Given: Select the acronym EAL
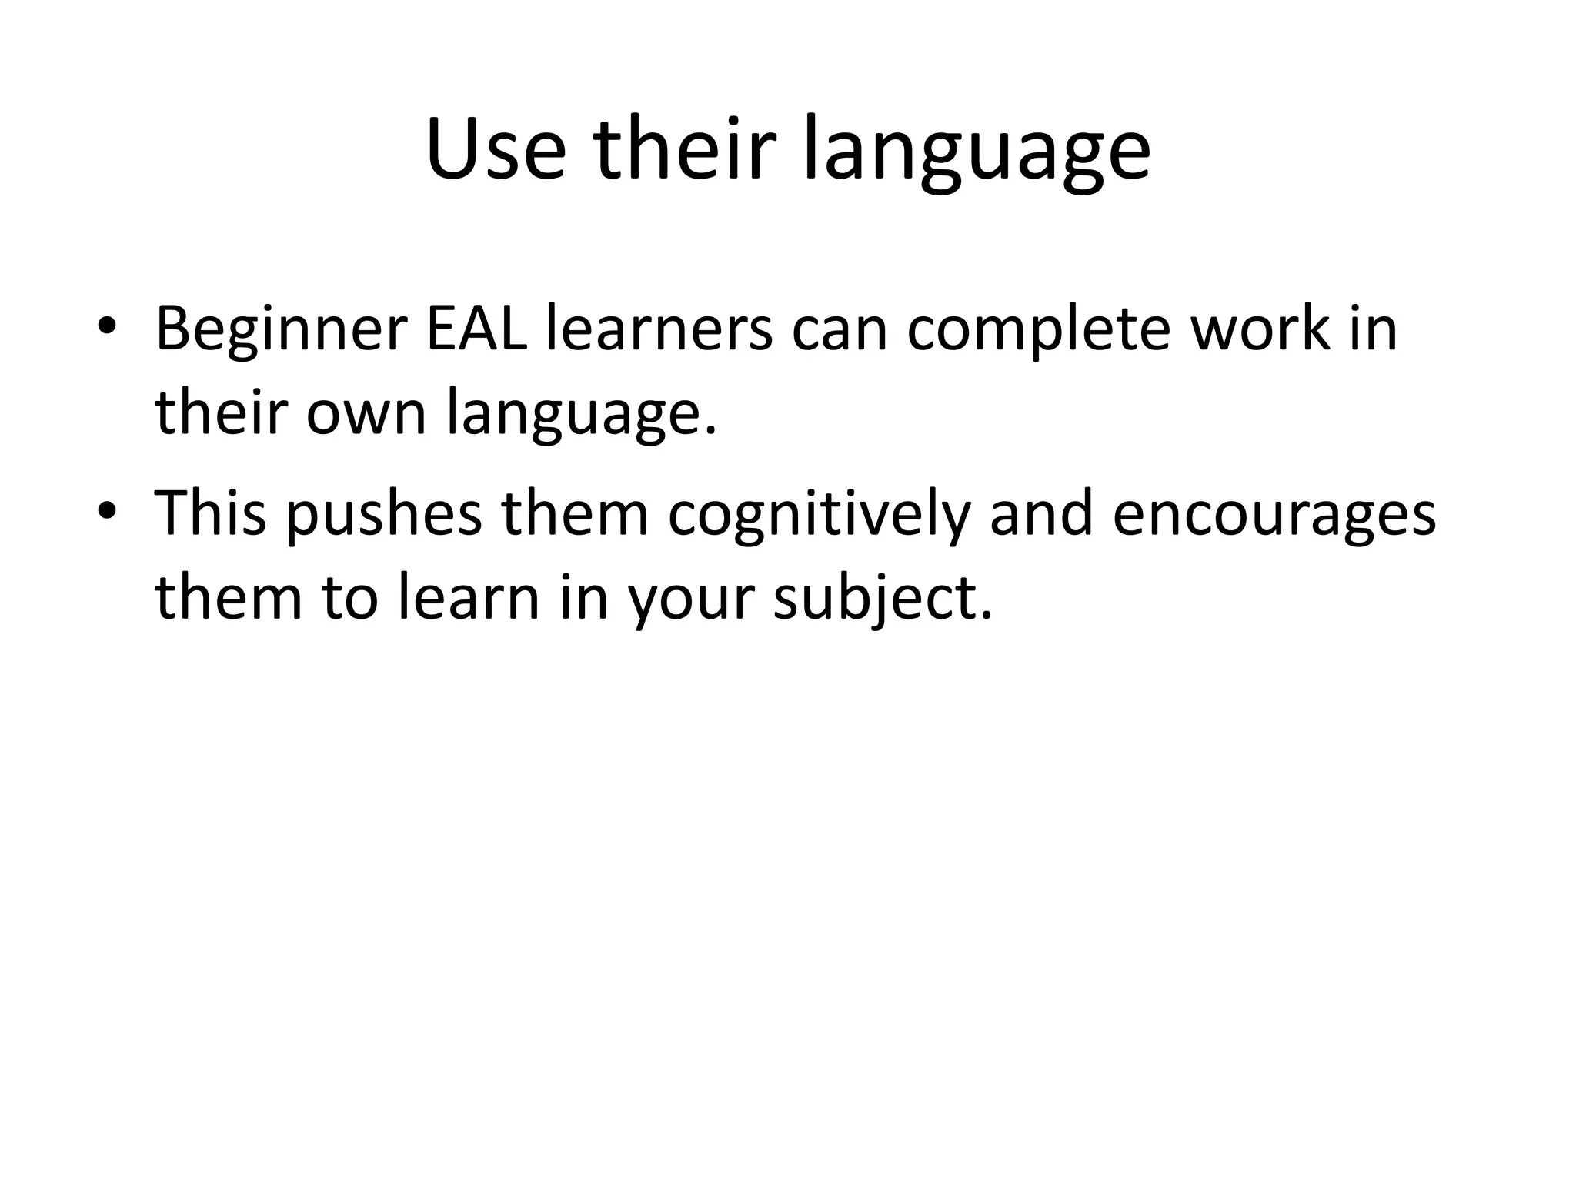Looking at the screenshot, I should click(x=477, y=329).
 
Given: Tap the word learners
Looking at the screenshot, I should click(x=659, y=329).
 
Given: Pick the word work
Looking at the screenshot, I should click(x=1260, y=329).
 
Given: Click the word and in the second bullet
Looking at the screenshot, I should click(x=1041, y=513).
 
